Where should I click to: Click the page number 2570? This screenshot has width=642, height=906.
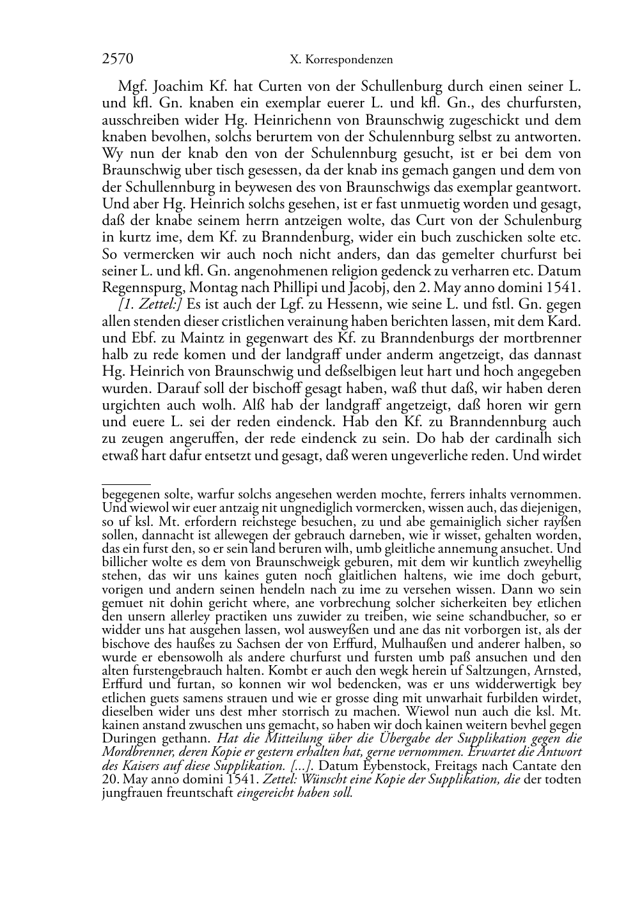tap(118, 59)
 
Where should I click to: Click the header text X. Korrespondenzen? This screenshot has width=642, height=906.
tap(341, 60)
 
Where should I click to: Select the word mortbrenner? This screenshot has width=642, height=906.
tap(544, 338)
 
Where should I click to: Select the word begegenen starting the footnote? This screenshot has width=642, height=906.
tap(129, 494)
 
